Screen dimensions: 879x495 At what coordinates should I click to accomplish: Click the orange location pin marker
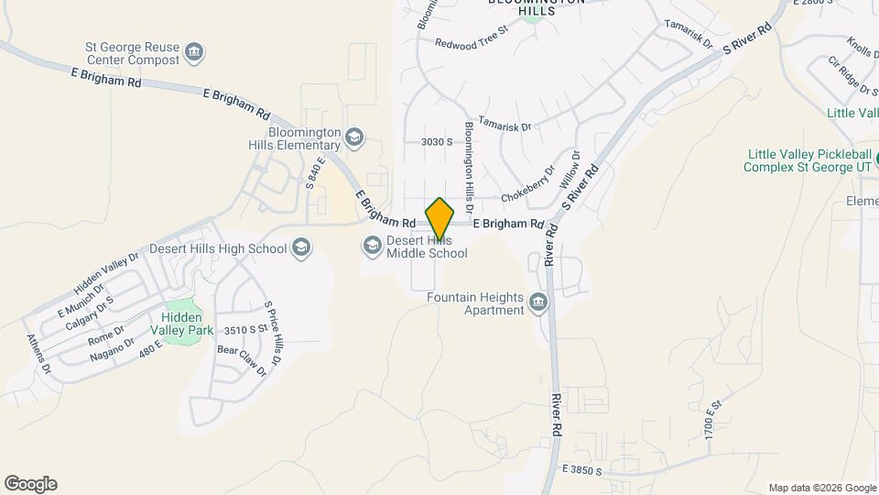(439, 219)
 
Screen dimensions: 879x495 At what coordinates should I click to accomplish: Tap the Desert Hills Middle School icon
(372, 244)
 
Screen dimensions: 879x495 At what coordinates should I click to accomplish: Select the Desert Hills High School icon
(301, 247)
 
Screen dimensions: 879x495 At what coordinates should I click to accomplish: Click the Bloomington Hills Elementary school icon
(353, 138)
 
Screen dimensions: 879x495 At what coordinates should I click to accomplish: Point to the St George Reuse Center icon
(193, 51)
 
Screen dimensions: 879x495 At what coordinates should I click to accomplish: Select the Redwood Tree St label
(471, 43)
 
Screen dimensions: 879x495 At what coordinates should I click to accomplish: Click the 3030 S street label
(438, 142)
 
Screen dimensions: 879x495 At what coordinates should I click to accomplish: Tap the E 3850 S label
(576, 470)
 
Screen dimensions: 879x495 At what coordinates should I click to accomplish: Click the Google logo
(30, 484)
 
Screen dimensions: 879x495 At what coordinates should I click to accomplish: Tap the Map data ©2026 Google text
(821, 488)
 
